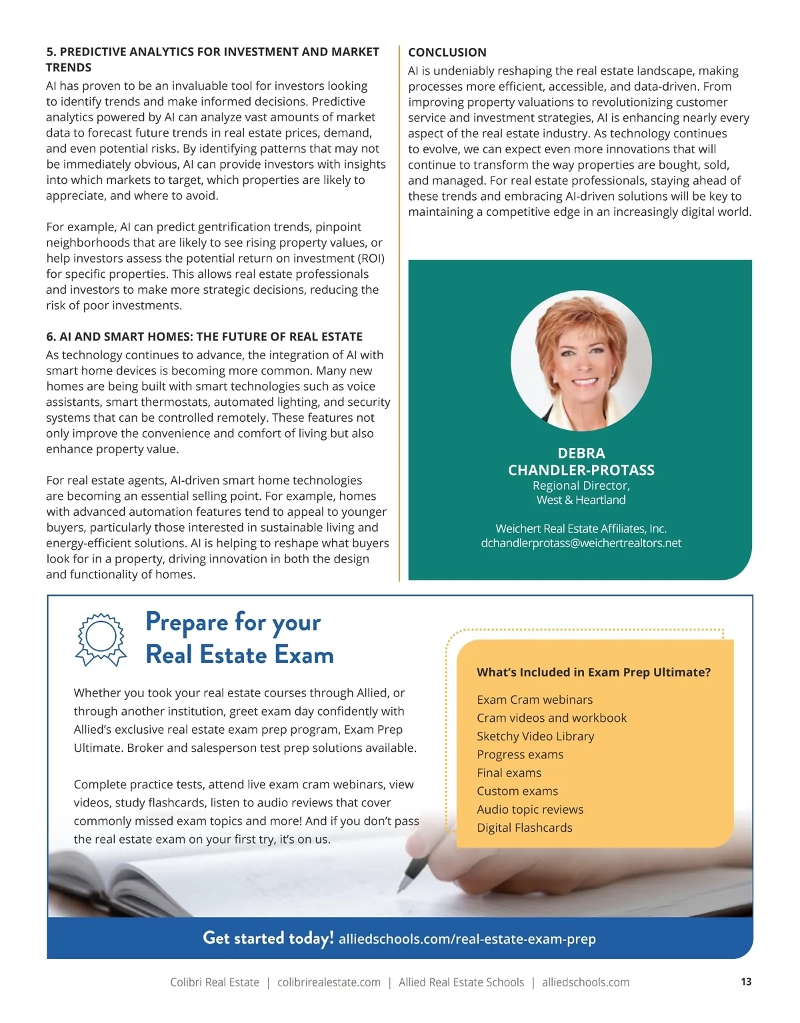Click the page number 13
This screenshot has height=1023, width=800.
coord(746,981)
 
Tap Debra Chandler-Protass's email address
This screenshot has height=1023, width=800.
coord(581,543)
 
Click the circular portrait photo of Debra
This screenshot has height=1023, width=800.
coord(581,361)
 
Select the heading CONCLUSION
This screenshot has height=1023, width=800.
coord(447,52)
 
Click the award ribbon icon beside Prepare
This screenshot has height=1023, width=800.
coord(101,639)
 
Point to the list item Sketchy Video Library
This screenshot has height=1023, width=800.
coord(535,736)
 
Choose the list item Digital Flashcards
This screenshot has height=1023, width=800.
coord(525,828)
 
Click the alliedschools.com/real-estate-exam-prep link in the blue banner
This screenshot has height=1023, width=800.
coord(467,939)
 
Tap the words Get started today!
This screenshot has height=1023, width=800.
coord(268,938)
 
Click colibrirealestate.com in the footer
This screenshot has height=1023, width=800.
coord(329,982)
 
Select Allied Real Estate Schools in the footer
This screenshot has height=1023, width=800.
coord(461,982)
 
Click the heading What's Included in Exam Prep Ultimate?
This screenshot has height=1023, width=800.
coord(593,672)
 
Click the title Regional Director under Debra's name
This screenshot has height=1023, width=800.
coord(581,486)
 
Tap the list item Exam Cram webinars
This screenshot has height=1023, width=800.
coord(535,700)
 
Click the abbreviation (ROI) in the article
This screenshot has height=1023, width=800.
coord(371,258)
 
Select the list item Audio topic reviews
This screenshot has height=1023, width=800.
coord(530,809)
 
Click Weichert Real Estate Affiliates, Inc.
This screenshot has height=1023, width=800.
coord(581,528)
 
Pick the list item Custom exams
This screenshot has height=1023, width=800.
coord(517,791)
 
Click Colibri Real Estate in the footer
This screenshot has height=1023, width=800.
coord(215,982)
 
